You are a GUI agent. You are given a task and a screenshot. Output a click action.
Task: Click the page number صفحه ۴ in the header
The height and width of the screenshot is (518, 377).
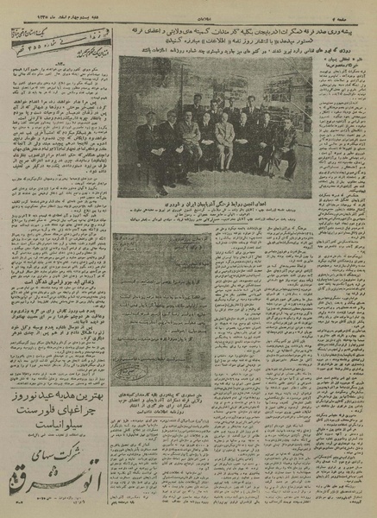[350, 10]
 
